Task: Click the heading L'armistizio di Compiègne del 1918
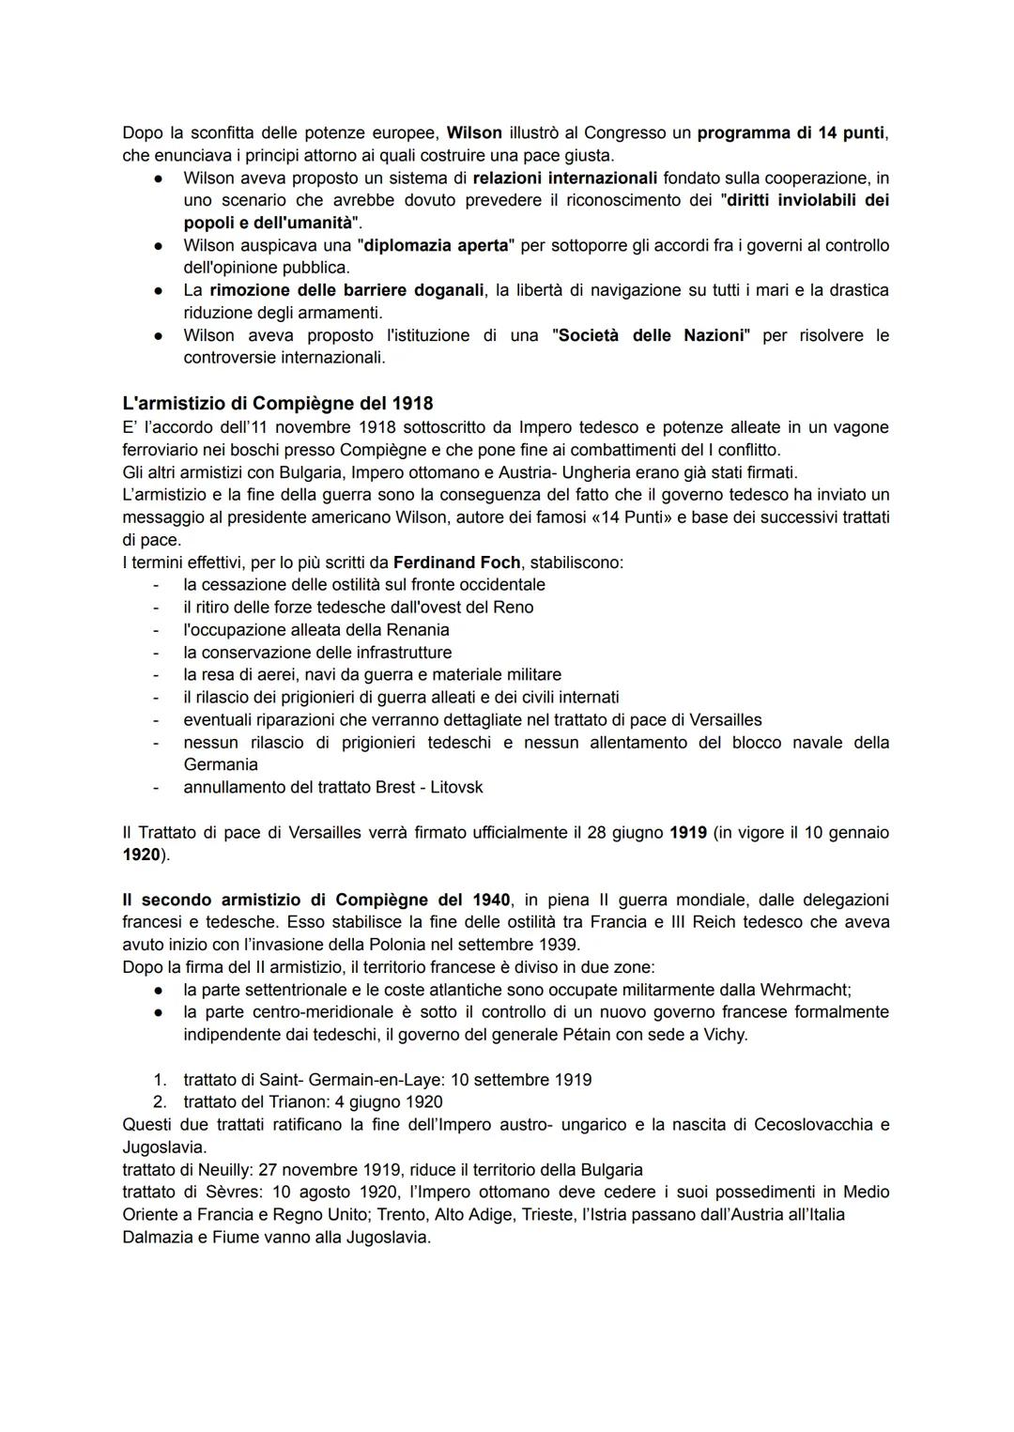point(278,403)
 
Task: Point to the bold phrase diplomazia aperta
point(436,245)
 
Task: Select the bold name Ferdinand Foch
point(456,562)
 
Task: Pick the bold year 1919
point(687,832)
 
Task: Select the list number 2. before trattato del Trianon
point(160,1101)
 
